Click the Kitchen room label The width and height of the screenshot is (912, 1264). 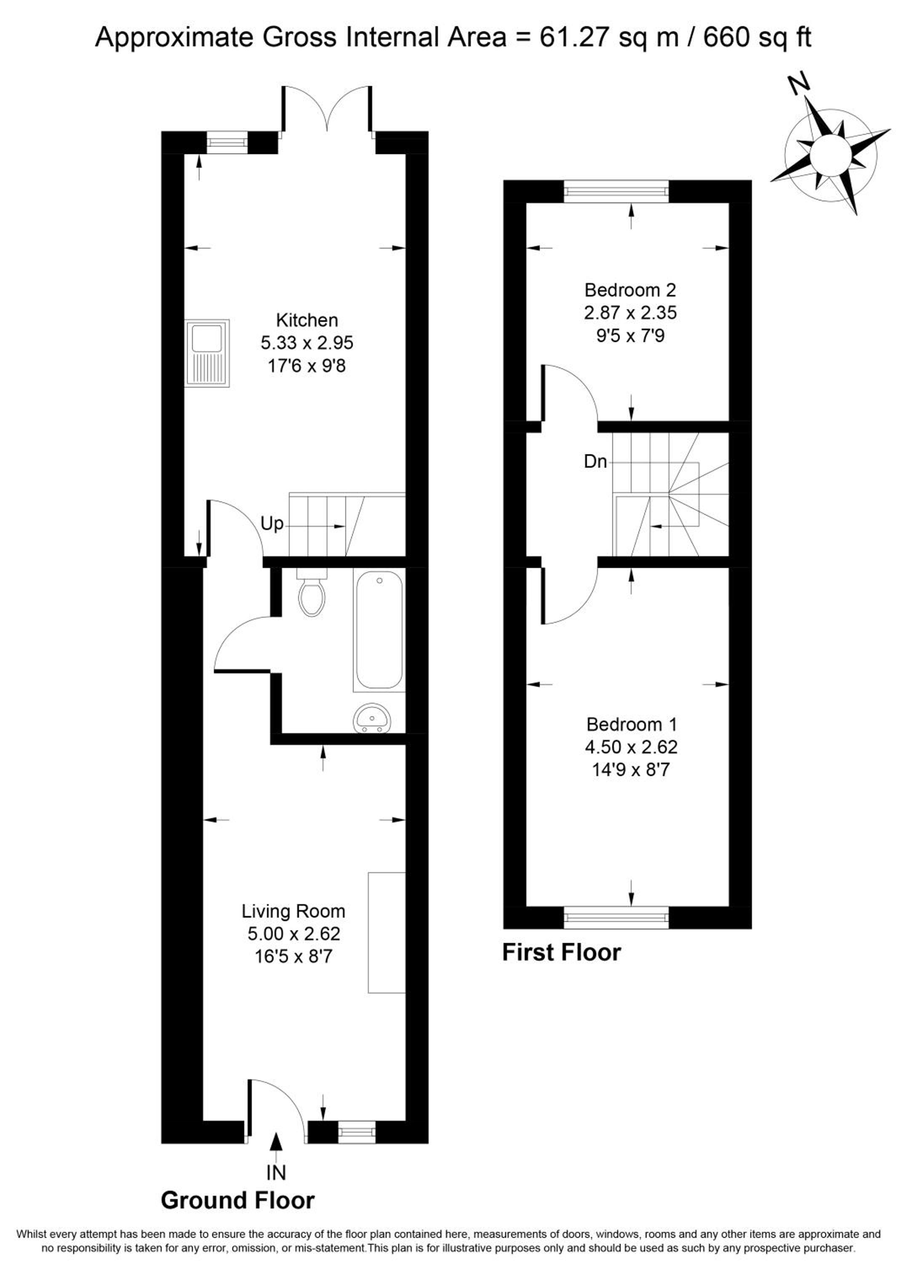(x=307, y=321)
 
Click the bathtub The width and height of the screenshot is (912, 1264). (x=379, y=630)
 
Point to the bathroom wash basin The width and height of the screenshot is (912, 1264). (x=373, y=719)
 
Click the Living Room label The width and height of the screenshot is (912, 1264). (x=293, y=911)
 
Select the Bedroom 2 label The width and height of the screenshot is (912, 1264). (x=630, y=290)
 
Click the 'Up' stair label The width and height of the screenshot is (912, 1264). (x=272, y=524)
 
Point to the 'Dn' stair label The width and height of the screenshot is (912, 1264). (x=595, y=461)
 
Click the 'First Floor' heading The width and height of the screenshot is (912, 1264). (x=562, y=953)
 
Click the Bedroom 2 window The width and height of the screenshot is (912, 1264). (x=616, y=192)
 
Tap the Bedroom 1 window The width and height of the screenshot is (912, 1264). (x=616, y=917)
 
